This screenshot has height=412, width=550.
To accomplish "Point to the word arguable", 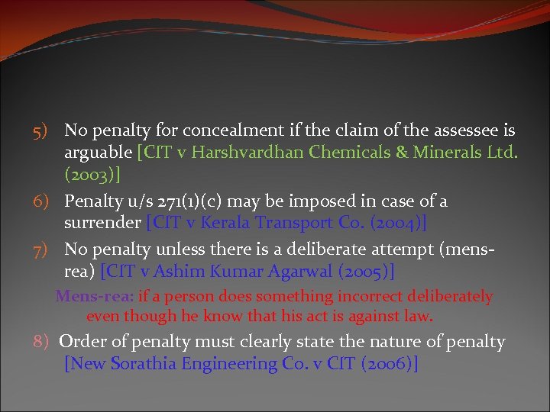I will click(98, 153).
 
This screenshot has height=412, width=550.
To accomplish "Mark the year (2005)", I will click(370, 272).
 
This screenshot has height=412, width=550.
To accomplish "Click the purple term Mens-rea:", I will click(95, 296).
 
